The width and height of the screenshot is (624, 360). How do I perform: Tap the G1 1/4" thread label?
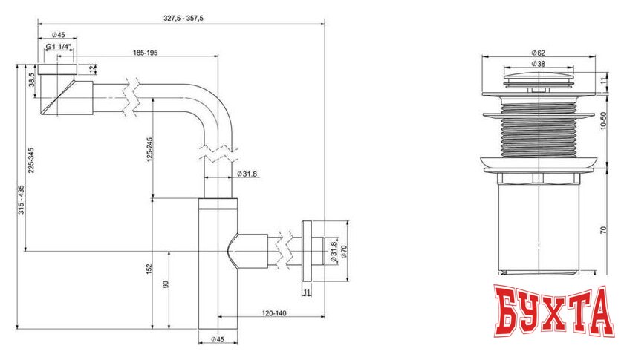(58, 47)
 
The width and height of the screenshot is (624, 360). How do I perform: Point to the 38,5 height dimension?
(32, 79)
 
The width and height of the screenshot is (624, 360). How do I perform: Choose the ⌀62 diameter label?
(539, 53)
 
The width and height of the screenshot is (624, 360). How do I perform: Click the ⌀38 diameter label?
(539, 64)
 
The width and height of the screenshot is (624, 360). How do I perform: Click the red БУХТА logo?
(553, 315)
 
